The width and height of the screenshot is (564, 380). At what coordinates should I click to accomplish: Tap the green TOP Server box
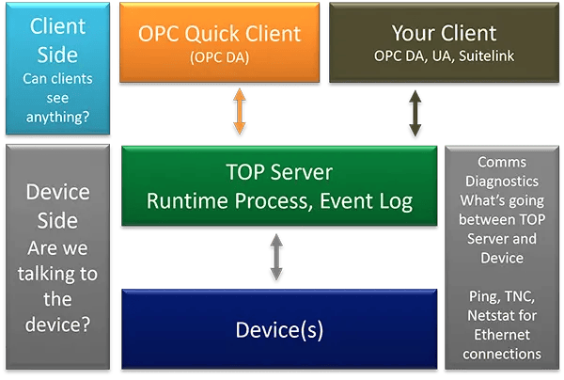click(x=278, y=187)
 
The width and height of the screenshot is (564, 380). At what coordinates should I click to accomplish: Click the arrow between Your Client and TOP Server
click(x=414, y=115)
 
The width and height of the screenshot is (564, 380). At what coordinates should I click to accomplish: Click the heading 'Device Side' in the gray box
click(x=57, y=206)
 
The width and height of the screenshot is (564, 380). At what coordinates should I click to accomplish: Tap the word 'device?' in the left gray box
click(x=57, y=325)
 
